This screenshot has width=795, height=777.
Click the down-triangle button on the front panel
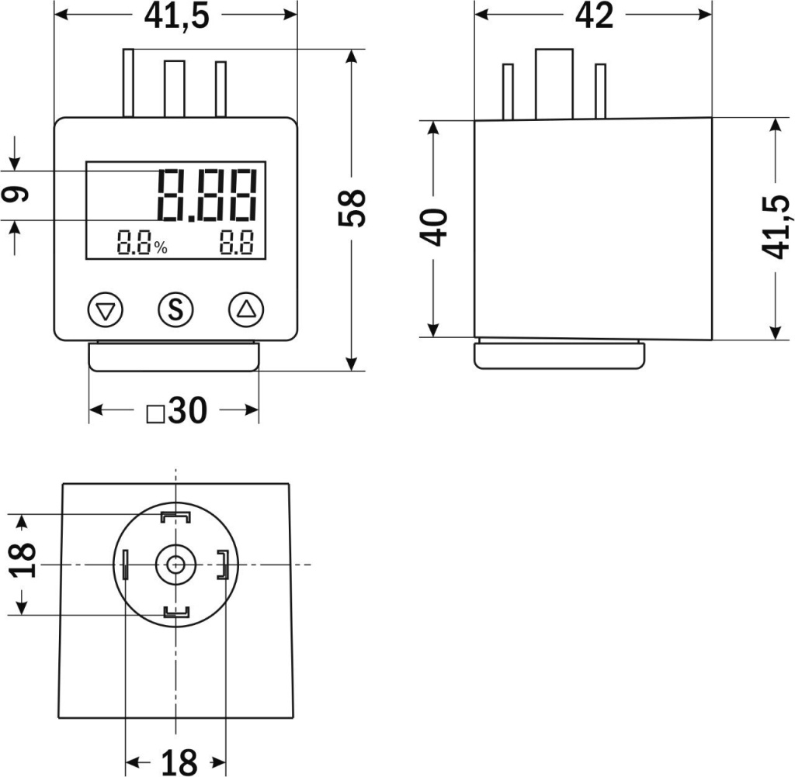[106, 309]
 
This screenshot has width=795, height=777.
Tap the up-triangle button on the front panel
[247, 309]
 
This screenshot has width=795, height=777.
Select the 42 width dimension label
[594, 16]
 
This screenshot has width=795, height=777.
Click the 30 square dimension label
[188, 409]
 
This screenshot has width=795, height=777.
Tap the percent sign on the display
[161, 247]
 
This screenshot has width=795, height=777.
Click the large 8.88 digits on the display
[207, 195]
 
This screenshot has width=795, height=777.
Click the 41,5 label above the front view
[176, 17]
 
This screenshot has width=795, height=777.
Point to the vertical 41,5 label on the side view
[776, 227]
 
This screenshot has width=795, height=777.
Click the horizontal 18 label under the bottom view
[179, 762]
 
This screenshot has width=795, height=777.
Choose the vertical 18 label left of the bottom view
[23, 560]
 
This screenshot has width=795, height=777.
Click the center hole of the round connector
[175, 564]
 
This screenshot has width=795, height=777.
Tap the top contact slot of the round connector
[175, 517]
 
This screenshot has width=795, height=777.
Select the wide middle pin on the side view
[554, 84]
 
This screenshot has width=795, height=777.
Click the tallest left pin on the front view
[129, 83]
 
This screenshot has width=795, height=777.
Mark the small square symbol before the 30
[155, 414]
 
